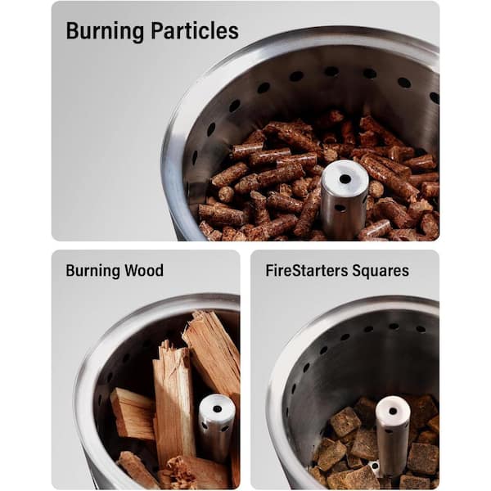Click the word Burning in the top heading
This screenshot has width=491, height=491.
tap(105, 31)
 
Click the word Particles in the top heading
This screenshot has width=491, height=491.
tap(195, 30)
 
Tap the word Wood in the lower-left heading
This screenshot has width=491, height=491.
tap(144, 270)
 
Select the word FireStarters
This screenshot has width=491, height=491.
tap(307, 270)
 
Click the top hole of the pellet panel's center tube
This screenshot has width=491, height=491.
tap(345, 179)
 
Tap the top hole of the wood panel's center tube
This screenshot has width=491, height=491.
tap(218, 408)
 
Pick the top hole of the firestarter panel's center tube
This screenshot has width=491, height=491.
tap(393, 411)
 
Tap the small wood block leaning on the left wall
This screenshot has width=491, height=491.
tap(132, 412)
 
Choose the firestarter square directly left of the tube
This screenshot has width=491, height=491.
tap(345, 421)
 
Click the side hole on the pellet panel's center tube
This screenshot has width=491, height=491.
tap(340, 208)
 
